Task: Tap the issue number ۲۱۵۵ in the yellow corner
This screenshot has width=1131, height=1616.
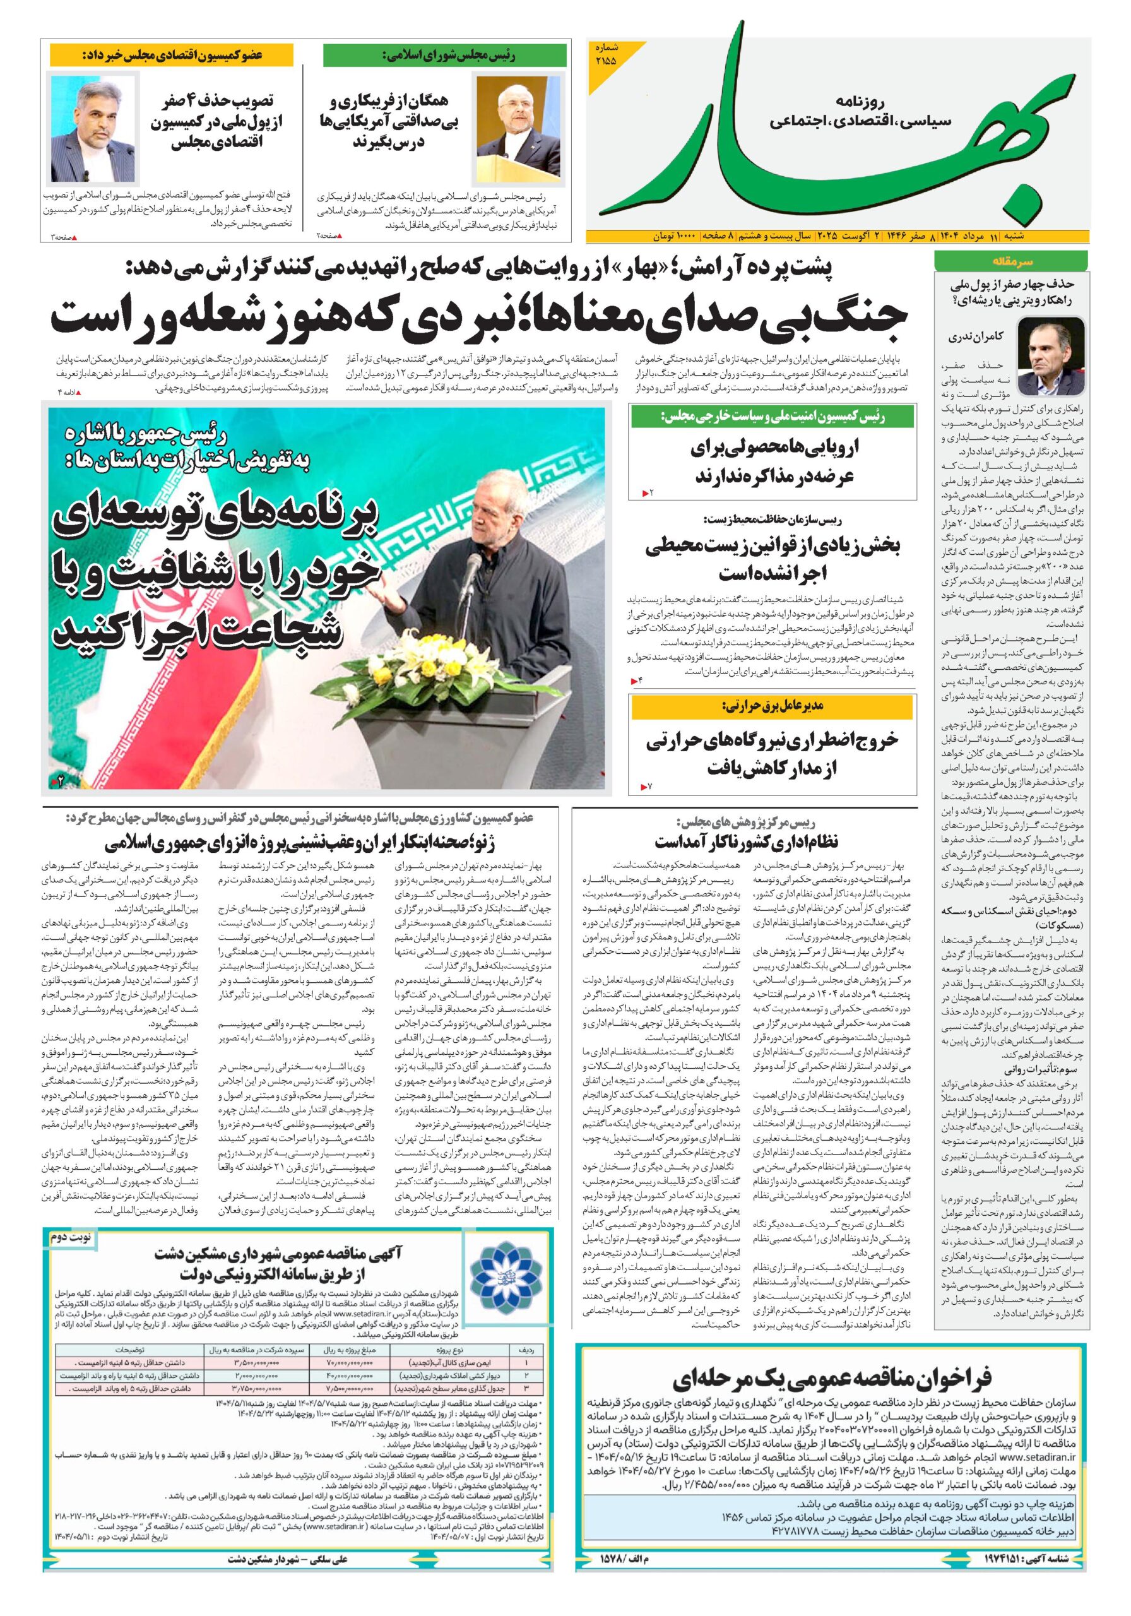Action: [x=605, y=55]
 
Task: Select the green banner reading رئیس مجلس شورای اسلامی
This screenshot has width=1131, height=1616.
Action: [x=445, y=56]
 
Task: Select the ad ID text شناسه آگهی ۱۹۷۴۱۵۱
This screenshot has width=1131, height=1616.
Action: [x=1026, y=1553]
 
